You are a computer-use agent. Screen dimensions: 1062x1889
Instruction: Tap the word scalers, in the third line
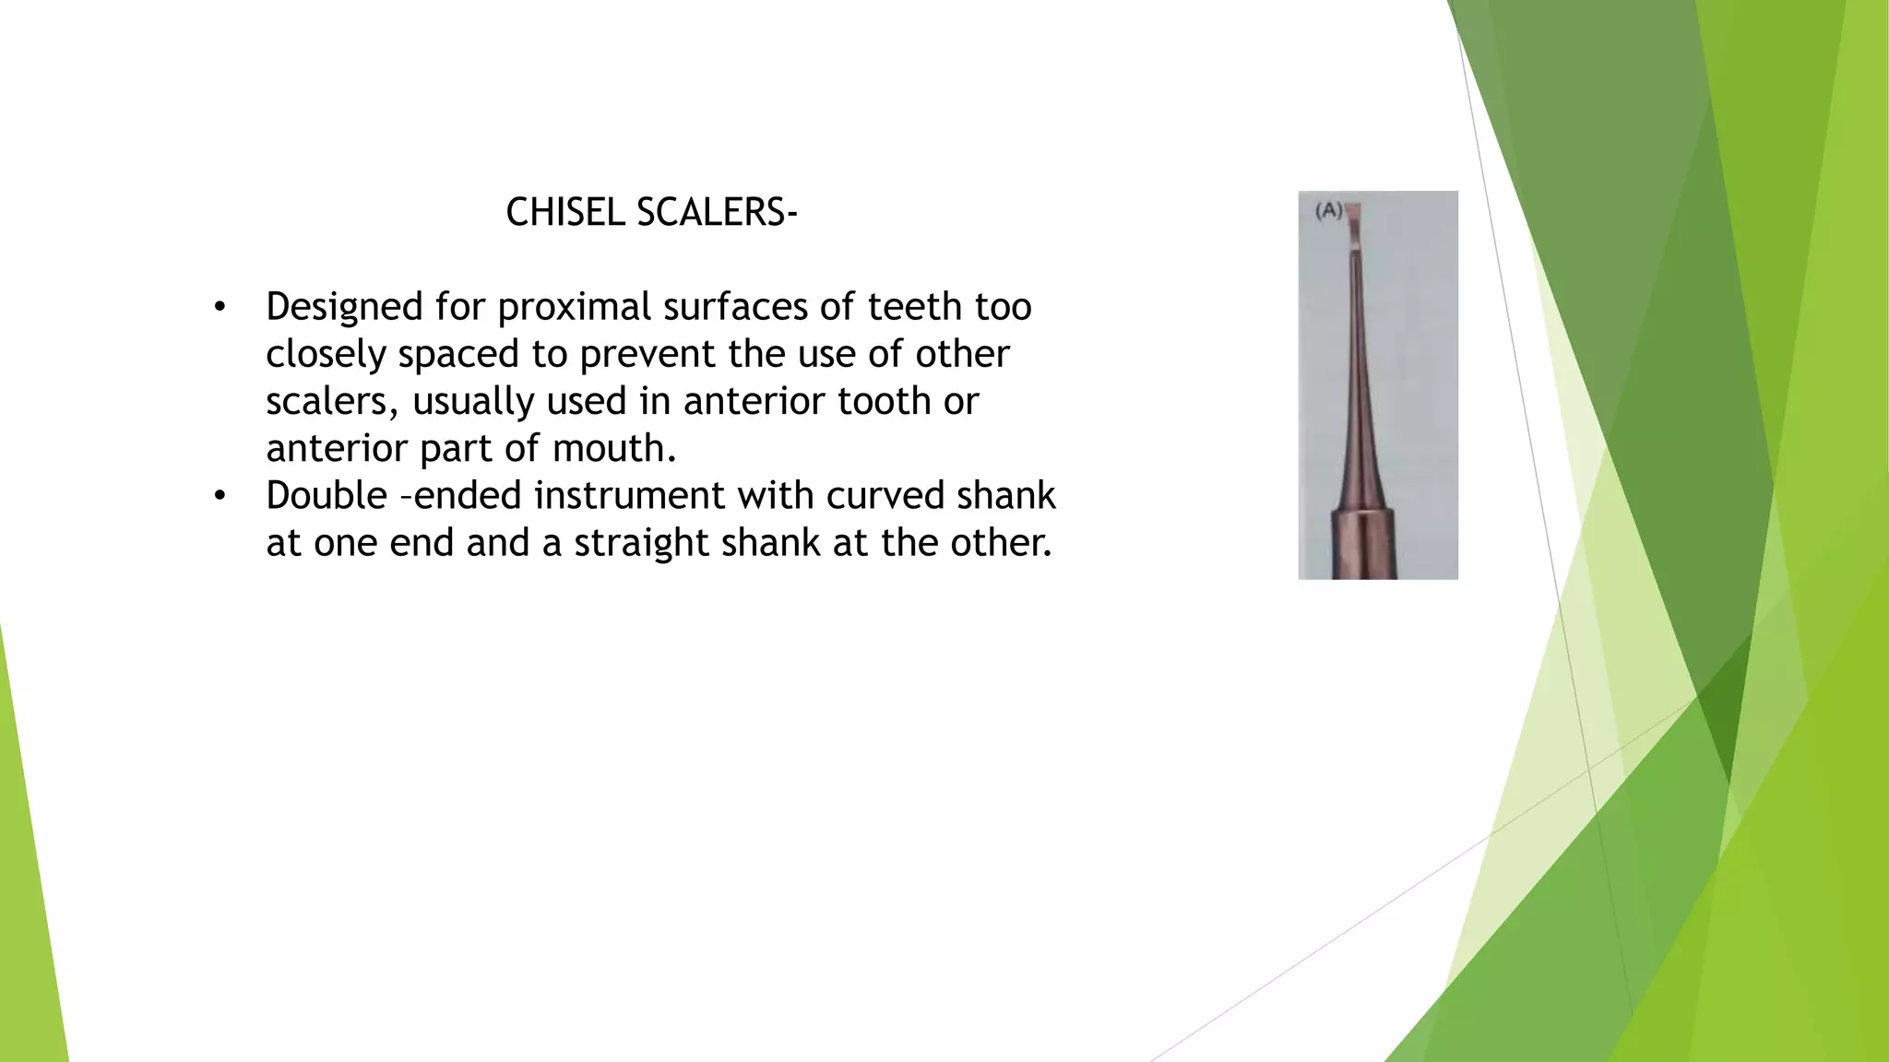click(x=332, y=402)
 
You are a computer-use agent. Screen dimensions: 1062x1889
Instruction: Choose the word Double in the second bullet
click(x=327, y=496)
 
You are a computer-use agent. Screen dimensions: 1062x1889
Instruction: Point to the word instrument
click(x=629, y=496)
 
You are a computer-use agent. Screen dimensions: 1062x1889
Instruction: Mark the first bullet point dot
click(x=220, y=308)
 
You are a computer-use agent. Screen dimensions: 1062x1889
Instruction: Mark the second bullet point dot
click(x=220, y=497)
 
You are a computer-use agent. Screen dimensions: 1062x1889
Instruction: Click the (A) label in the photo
click(x=1328, y=211)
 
